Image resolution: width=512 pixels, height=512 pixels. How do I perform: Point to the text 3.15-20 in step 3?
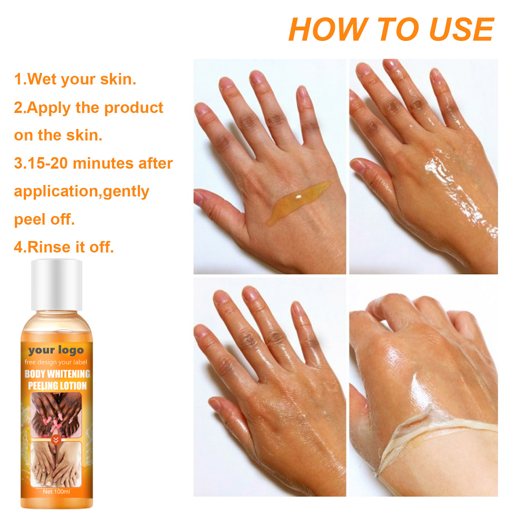[41, 163]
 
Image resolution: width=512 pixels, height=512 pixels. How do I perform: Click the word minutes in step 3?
[102, 163]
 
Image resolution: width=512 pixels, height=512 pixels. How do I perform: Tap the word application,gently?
[82, 191]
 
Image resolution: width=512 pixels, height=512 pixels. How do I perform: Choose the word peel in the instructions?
[29, 220]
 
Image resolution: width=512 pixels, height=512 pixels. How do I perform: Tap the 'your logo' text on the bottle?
[56, 350]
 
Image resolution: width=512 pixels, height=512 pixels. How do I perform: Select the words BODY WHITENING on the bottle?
[57, 374]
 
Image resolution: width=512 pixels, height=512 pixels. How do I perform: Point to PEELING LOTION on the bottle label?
[57, 386]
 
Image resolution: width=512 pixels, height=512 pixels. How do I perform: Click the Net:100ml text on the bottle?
[56, 492]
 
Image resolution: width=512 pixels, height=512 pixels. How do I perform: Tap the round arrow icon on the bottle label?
[56, 440]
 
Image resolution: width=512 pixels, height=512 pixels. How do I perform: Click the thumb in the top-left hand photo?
[218, 205]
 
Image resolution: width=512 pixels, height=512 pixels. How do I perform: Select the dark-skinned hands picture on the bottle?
[56, 414]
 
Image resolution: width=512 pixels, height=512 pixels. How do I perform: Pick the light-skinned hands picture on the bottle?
[56, 464]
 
